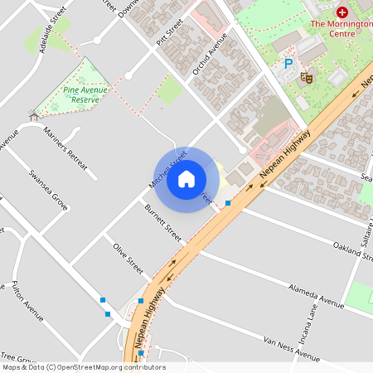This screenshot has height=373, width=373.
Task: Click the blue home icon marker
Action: click(186, 179)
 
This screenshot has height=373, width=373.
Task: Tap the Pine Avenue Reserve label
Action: click(85, 94)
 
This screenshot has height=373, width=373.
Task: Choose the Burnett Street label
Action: click(162, 223)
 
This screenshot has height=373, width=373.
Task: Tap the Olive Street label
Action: click(128, 259)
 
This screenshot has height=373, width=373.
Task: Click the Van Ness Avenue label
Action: click(291, 350)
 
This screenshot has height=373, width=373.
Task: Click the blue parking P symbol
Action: click(288, 63)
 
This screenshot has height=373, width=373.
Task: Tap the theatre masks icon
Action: click(306, 77)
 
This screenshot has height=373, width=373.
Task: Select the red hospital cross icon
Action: click(342, 12)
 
